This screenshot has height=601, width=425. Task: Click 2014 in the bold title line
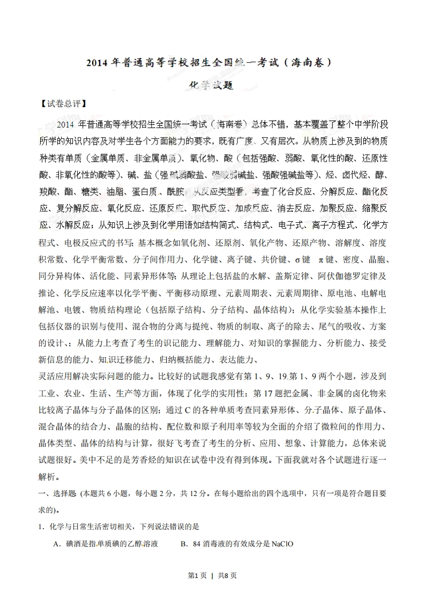coord(97,63)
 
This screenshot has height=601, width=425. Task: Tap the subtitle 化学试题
coord(213,86)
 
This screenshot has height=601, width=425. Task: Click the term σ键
coord(302,260)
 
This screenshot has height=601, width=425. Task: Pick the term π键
coord(326,260)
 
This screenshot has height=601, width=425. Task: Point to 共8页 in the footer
coord(227,576)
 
